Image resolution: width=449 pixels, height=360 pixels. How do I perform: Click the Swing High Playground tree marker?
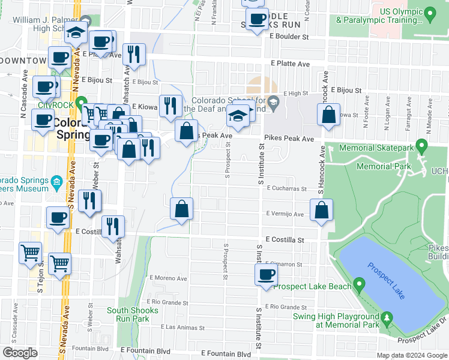[387, 316]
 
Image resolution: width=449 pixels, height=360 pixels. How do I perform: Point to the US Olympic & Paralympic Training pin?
[429, 13]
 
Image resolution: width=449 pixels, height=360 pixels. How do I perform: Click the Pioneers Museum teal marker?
[56, 181]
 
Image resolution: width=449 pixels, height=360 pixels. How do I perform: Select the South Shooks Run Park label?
[133, 314]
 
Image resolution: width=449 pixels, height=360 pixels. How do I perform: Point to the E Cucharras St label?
[287, 188]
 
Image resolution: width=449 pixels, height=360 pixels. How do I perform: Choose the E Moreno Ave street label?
[168, 278]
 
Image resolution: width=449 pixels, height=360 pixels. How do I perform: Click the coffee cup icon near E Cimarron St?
[265, 275]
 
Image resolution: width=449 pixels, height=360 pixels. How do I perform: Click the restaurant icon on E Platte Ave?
[134, 55]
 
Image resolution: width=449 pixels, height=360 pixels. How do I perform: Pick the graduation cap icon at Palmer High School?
[76, 32]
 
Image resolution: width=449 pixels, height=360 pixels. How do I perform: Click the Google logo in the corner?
[20, 353]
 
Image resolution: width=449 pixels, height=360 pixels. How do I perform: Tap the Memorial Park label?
[383, 166]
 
